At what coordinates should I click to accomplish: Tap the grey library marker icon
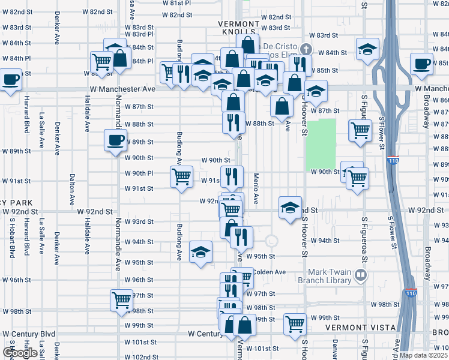[x=360, y=276]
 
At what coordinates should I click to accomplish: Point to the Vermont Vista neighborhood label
[x=359, y=328]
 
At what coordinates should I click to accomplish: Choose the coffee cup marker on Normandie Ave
[x=115, y=141]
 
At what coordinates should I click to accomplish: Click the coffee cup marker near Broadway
[x=422, y=63]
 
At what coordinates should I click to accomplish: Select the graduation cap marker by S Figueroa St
[x=367, y=49]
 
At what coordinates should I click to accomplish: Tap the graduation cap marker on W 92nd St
[x=291, y=208]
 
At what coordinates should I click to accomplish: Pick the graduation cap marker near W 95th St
[x=200, y=252]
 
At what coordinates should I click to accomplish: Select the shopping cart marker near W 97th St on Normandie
[x=121, y=299]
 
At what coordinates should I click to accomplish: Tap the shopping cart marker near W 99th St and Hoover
[x=294, y=324]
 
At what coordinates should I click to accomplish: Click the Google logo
[x=20, y=353]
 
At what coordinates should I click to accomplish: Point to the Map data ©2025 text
[x=423, y=355]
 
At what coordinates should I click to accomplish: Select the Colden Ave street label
[x=268, y=272]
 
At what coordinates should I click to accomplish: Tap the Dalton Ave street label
[x=71, y=186]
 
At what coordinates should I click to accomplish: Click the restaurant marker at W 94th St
[x=241, y=237]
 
